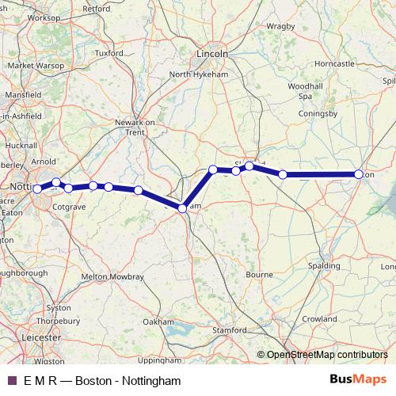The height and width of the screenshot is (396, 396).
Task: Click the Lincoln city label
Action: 211,54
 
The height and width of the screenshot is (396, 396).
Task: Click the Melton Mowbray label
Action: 112,276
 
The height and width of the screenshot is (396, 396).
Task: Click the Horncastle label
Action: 334,63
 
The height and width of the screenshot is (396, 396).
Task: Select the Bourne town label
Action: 259,275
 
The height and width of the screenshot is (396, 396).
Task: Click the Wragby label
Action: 280,26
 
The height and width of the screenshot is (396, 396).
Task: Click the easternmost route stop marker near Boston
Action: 359,174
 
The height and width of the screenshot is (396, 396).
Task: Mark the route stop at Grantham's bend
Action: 182,208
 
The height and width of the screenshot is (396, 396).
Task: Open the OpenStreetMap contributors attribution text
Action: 326,354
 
